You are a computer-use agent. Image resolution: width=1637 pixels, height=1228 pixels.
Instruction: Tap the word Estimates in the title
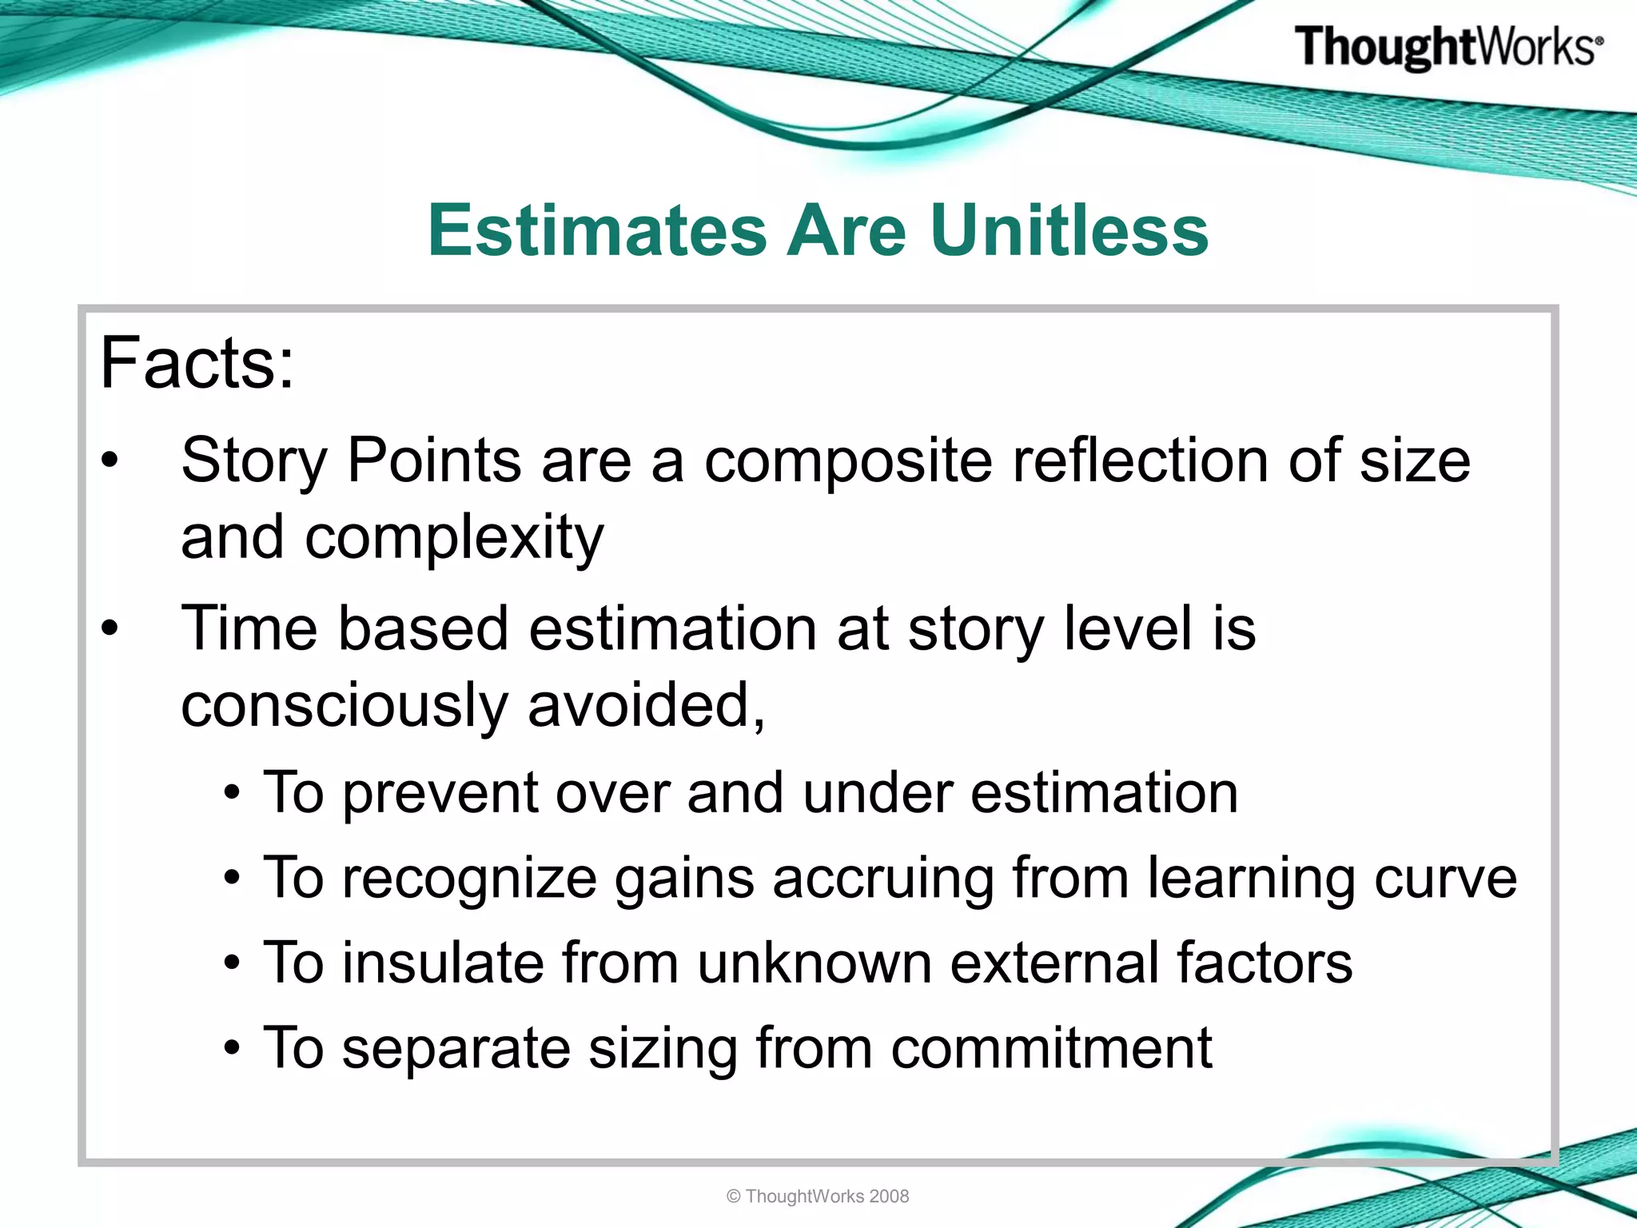pyautogui.click(x=596, y=231)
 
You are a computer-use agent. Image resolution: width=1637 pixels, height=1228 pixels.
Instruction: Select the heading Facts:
pyautogui.click(x=197, y=364)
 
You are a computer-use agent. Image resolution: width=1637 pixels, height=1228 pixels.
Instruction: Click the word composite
pyautogui.click(x=847, y=463)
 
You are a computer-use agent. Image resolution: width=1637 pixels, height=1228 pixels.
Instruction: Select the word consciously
pyautogui.click(x=345, y=707)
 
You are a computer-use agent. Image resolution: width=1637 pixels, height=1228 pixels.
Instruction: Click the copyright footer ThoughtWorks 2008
pyautogui.click(x=818, y=1196)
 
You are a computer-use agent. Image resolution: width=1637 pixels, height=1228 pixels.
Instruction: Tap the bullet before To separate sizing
pyautogui.click(x=232, y=1048)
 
